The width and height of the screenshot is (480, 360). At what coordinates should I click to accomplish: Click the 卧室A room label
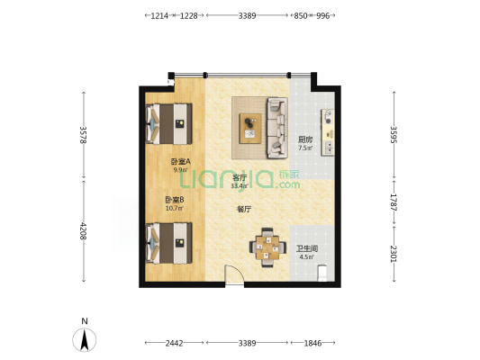pyautogui.click(x=181, y=161)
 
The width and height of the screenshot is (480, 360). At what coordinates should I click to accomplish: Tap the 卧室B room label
pyautogui.click(x=175, y=200)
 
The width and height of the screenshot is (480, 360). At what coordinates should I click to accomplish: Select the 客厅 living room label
pyautogui.click(x=240, y=177)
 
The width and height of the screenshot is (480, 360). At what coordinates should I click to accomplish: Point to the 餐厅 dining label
pyautogui.click(x=244, y=210)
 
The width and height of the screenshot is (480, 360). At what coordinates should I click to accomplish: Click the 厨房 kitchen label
pyautogui.click(x=305, y=140)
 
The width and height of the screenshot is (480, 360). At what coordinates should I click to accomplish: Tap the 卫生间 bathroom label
pyautogui.click(x=307, y=248)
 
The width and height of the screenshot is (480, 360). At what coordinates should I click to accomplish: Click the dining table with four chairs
pyautogui.click(x=267, y=247)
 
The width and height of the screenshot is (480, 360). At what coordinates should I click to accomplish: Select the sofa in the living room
pyautogui.click(x=277, y=128)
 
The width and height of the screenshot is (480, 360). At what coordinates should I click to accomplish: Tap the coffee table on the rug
pyautogui.click(x=250, y=129)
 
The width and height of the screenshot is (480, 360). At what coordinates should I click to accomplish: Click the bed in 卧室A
pyautogui.click(x=168, y=124)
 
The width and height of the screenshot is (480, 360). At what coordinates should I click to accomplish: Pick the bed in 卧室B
pyautogui.click(x=168, y=243)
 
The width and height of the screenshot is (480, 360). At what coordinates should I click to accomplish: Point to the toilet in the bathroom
pyautogui.click(x=322, y=273)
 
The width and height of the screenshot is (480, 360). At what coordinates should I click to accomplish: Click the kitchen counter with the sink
pyautogui.click(x=328, y=132)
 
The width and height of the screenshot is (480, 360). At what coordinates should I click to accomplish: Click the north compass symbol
pyautogui.click(x=84, y=339)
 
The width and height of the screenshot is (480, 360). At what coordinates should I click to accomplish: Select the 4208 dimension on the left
pyautogui.click(x=83, y=231)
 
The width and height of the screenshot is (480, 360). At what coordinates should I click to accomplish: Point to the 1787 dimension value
pyautogui.click(x=394, y=202)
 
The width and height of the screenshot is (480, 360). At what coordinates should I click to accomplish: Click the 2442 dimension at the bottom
pyautogui.click(x=174, y=343)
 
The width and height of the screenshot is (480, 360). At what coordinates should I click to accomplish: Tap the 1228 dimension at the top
pyautogui.click(x=188, y=15)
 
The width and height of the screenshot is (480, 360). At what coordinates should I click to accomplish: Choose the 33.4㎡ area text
pyautogui.click(x=239, y=185)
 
